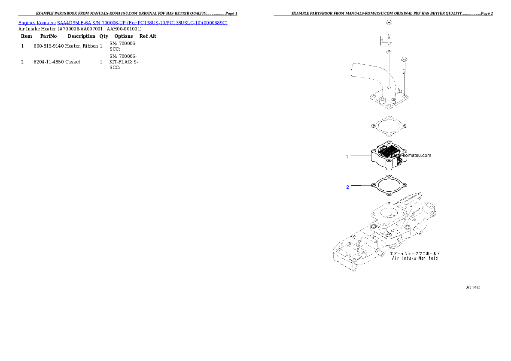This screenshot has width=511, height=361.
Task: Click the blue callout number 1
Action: pos(347,157)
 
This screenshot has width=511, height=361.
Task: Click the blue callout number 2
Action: pos(347,187)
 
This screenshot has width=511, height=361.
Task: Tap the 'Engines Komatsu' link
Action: pos(37,22)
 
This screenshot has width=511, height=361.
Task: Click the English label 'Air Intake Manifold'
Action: pos(415,259)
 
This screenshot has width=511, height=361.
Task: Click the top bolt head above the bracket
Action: pos(388,22)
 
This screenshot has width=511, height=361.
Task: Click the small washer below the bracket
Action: pos(388,52)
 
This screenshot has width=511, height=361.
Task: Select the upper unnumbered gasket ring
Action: pos(388,126)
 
